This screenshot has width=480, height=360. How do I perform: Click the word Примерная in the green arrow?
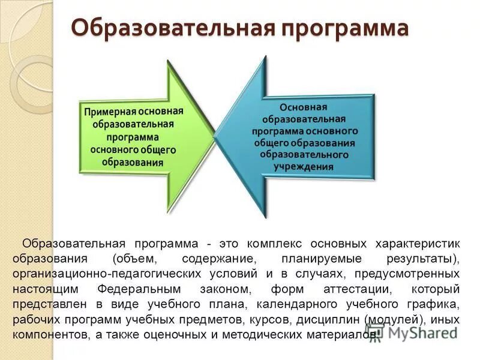110,112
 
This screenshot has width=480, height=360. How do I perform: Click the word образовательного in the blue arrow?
304,154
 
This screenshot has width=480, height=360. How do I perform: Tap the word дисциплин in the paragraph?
331,319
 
